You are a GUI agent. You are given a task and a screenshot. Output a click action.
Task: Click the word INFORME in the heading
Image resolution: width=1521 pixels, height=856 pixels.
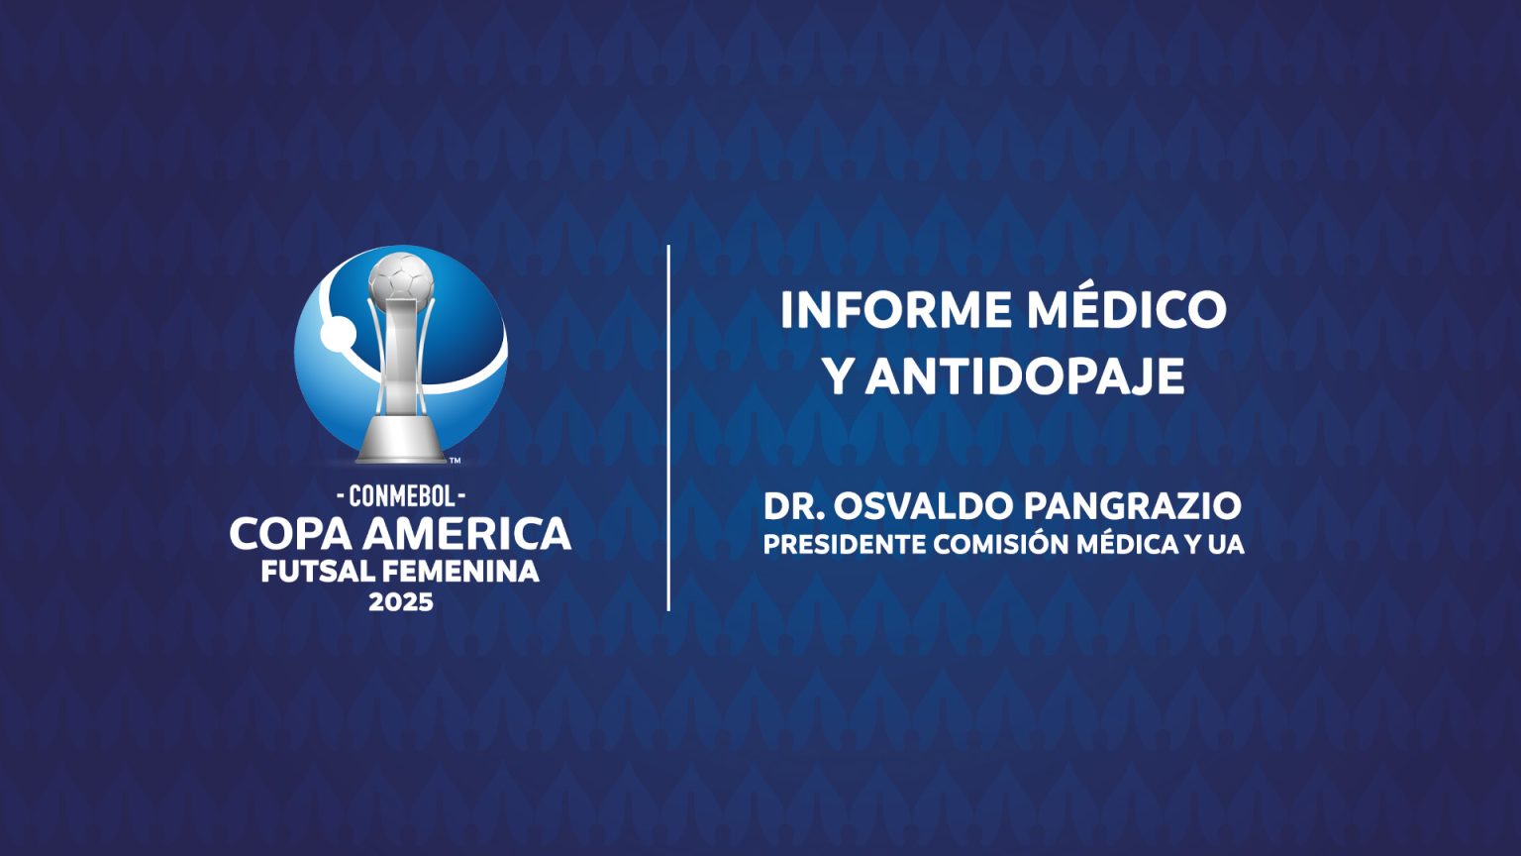pyautogui.click(x=893, y=310)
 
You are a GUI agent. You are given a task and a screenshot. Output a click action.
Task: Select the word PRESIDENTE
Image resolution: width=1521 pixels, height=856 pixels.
pyautogui.click(x=845, y=545)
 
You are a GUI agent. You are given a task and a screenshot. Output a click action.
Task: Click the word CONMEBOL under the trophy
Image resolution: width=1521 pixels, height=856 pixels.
pyautogui.click(x=401, y=497)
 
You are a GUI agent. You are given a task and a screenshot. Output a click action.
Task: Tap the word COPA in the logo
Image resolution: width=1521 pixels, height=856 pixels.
pyautogui.click(x=290, y=534)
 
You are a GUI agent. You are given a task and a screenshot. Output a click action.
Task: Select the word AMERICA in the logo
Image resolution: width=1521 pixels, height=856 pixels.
pyautogui.click(x=467, y=534)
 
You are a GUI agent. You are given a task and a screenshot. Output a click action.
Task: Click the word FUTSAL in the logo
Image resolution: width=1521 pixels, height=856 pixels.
pyautogui.click(x=318, y=572)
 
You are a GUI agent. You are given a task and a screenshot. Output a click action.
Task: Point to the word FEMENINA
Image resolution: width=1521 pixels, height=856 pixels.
pyautogui.click(x=461, y=572)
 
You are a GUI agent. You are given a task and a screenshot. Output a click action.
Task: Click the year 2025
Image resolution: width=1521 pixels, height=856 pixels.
pyautogui.click(x=401, y=602)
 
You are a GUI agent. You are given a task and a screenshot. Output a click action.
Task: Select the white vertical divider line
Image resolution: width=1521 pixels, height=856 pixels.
pyautogui.click(x=668, y=428)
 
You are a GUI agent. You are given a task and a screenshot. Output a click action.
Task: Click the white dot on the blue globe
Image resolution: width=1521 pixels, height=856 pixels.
pyautogui.click(x=338, y=334)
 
